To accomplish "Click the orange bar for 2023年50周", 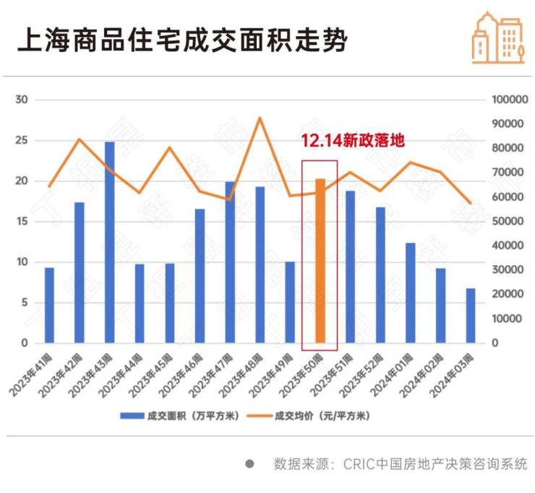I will tap(320, 260).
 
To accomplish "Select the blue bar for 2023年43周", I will tap(109, 242).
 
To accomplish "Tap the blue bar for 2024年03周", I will tap(470, 315).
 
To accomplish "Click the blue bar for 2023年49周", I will tap(290, 302).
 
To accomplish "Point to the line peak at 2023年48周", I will tap(260, 118).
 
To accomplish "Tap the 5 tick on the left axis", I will tap(24, 302).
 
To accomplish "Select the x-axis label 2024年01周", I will tap(398, 372).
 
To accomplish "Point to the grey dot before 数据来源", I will tap(249, 464).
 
